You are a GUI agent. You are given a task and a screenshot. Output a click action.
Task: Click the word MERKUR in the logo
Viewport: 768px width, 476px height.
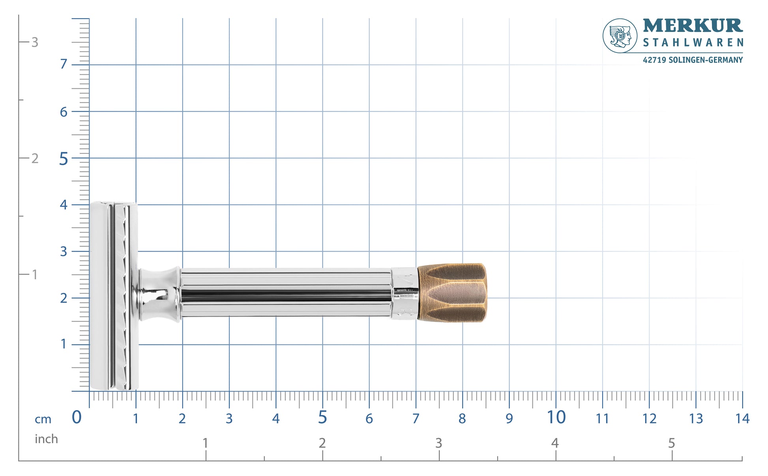[x=693, y=26]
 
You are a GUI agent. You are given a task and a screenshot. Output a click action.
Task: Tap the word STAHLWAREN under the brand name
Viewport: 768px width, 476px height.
[x=693, y=43]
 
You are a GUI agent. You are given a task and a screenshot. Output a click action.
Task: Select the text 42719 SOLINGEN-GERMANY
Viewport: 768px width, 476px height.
[x=693, y=60]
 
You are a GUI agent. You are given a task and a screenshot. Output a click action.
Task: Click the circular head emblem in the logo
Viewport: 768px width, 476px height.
[x=620, y=36]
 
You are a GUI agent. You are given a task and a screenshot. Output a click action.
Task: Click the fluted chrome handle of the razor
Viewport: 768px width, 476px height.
[x=286, y=293]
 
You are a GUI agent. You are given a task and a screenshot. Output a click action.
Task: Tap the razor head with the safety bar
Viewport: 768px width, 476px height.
[x=113, y=296]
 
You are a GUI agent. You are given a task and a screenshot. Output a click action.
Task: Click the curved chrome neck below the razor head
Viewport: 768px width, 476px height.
[x=158, y=294]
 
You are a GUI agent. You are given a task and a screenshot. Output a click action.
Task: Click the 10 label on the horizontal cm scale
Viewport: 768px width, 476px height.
[x=556, y=418]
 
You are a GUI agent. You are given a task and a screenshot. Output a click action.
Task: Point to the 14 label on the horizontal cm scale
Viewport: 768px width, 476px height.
[x=742, y=418]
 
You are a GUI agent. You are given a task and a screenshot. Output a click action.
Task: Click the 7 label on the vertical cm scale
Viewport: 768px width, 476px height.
[x=64, y=64]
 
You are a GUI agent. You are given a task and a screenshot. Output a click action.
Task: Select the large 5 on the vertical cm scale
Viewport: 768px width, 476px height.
[x=64, y=159]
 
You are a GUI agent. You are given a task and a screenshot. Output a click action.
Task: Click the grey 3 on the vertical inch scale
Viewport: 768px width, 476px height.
[x=35, y=42]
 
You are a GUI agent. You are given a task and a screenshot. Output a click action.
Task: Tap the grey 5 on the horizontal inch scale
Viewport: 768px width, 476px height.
[x=671, y=443]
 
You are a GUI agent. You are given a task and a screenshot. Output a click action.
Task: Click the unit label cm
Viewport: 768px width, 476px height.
[x=43, y=419]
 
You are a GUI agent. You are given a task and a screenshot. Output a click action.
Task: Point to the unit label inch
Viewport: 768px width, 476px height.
[x=46, y=439]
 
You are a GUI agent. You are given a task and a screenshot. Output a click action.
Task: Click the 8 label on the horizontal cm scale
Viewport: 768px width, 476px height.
[x=462, y=418]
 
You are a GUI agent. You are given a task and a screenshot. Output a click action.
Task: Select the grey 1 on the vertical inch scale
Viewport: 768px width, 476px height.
[x=35, y=274]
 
